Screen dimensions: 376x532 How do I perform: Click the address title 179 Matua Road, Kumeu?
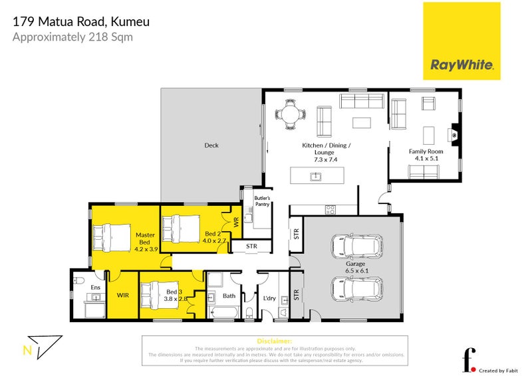pyautogui.click(x=81, y=22)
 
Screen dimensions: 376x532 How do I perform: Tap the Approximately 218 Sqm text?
pyautogui.click(x=73, y=37)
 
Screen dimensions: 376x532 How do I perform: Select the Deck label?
pyautogui.click(x=211, y=145)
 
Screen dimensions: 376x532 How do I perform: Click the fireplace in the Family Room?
pyautogui.click(x=454, y=134)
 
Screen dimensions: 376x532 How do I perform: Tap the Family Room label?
pyautogui.click(x=426, y=151)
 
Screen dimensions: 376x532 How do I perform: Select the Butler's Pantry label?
pyautogui.click(x=257, y=201)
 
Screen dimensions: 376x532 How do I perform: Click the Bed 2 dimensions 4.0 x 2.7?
pyautogui.click(x=215, y=241)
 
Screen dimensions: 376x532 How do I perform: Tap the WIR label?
pyautogui.click(x=123, y=294)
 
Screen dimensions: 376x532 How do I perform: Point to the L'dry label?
pyautogui.click(x=269, y=298)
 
